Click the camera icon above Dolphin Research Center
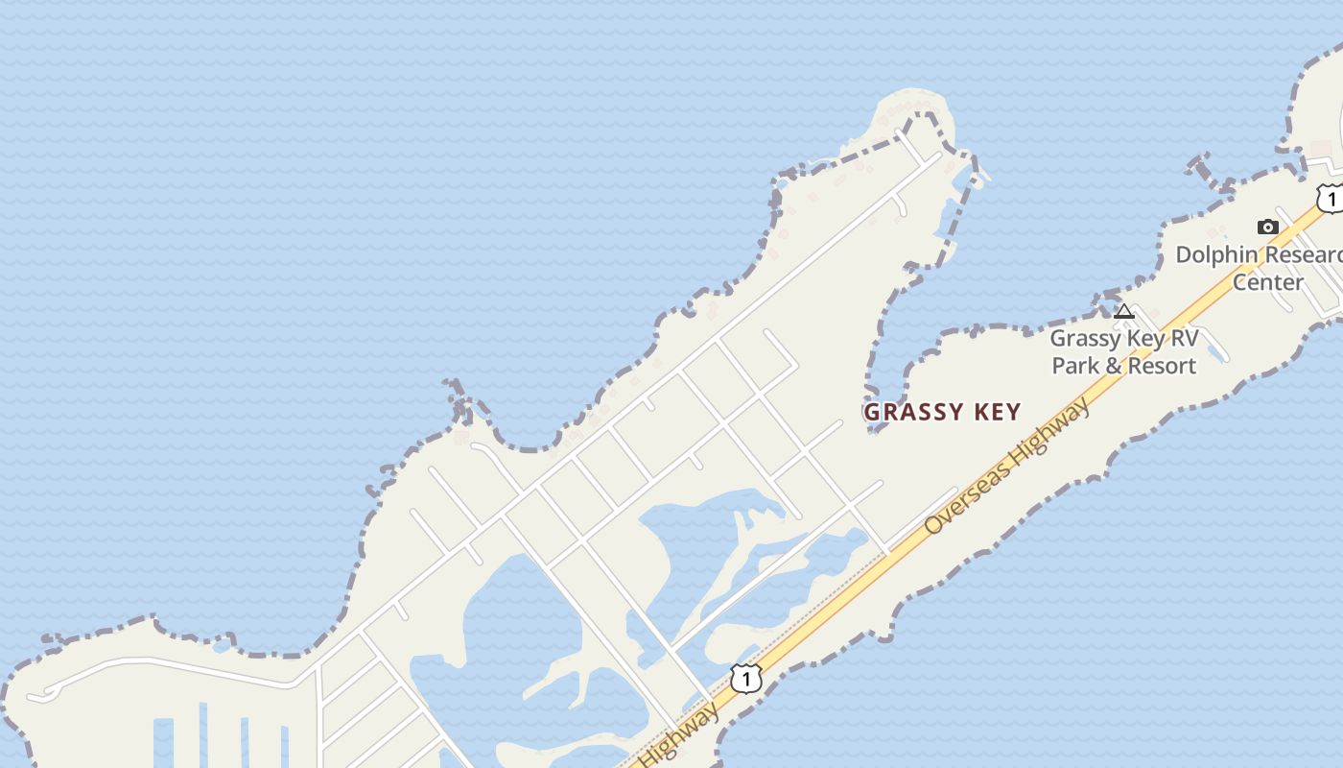click(x=1267, y=227)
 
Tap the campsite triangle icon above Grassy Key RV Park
click(x=1124, y=311)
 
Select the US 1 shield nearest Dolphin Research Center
click(x=1331, y=199)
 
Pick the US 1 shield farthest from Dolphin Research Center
click(x=745, y=678)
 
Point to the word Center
click(x=1267, y=282)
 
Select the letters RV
click(x=1180, y=339)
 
